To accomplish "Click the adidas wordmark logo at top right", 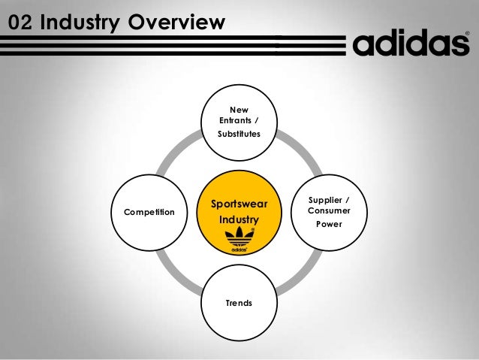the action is [x=411, y=44].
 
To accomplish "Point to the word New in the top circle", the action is [x=239, y=110].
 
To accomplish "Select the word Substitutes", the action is [x=239, y=134].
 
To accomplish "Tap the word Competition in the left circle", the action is [x=149, y=213].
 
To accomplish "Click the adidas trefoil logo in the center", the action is [x=239, y=241].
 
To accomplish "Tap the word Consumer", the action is [x=329, y=211].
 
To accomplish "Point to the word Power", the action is [x=329, y=223].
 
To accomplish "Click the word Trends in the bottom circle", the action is [x=239, y=303].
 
